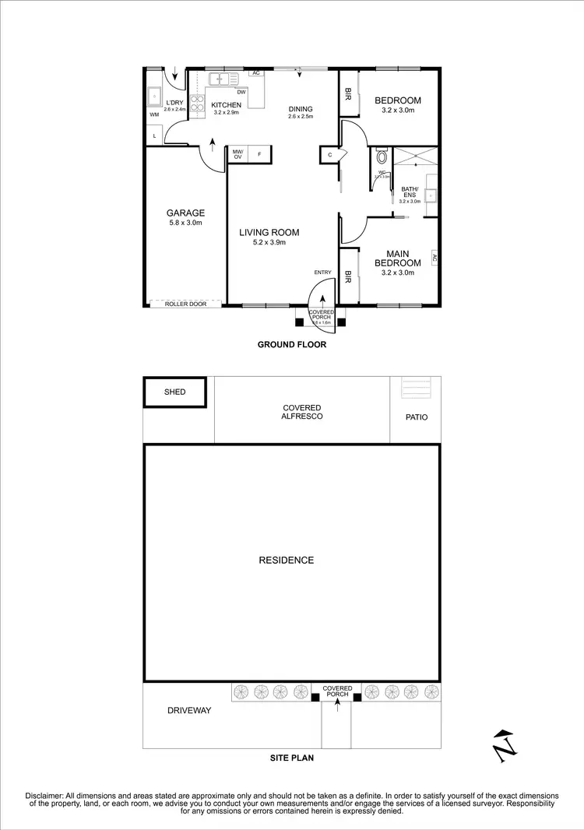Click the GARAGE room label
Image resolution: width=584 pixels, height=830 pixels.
[185, 213]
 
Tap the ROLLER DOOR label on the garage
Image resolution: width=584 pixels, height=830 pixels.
[185, 304]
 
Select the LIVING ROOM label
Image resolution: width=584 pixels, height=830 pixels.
[269, 232]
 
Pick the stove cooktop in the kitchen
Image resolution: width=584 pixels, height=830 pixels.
[196, 105]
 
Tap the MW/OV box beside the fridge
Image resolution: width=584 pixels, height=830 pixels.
[237, 154]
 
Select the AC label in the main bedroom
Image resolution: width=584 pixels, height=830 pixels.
[434, 258]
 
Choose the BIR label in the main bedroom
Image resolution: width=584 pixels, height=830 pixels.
[348, 276]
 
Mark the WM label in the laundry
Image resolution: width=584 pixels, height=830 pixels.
[153, 114]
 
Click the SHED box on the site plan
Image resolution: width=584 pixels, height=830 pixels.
[175, 392]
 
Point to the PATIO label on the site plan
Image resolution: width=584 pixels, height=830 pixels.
[417, 417]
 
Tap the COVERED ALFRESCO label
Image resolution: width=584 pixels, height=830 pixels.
[302, 412]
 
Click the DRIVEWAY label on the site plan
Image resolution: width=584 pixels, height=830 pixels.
[189, 710]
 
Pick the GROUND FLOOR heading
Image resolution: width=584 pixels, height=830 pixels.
[292, 344]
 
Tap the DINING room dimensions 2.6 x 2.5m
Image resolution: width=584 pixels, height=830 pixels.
[300, 117]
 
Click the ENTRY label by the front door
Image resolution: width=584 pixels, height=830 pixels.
[322, 272]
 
